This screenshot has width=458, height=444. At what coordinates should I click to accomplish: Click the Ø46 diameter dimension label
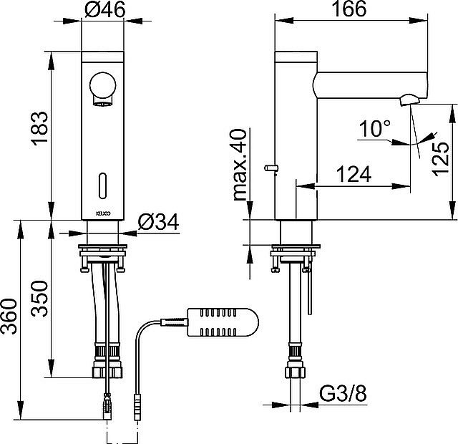click(x=105, y=9)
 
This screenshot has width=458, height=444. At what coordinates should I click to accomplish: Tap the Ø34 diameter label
click(x=158, y=222)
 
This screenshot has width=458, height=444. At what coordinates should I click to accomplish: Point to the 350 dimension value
click(x=39, y=299)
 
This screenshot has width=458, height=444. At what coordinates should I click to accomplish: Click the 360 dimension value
click(x=9, y=317)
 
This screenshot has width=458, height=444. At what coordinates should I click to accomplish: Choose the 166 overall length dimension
click(x=349, y=9)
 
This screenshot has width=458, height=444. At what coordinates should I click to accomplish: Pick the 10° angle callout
click(x=375, y=129)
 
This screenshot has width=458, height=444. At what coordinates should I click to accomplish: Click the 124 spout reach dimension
click(x=354, y=174)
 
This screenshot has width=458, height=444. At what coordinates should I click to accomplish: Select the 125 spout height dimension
click(x=441, y=159)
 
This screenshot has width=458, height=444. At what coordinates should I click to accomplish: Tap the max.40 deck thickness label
click(x=240, y=165)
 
